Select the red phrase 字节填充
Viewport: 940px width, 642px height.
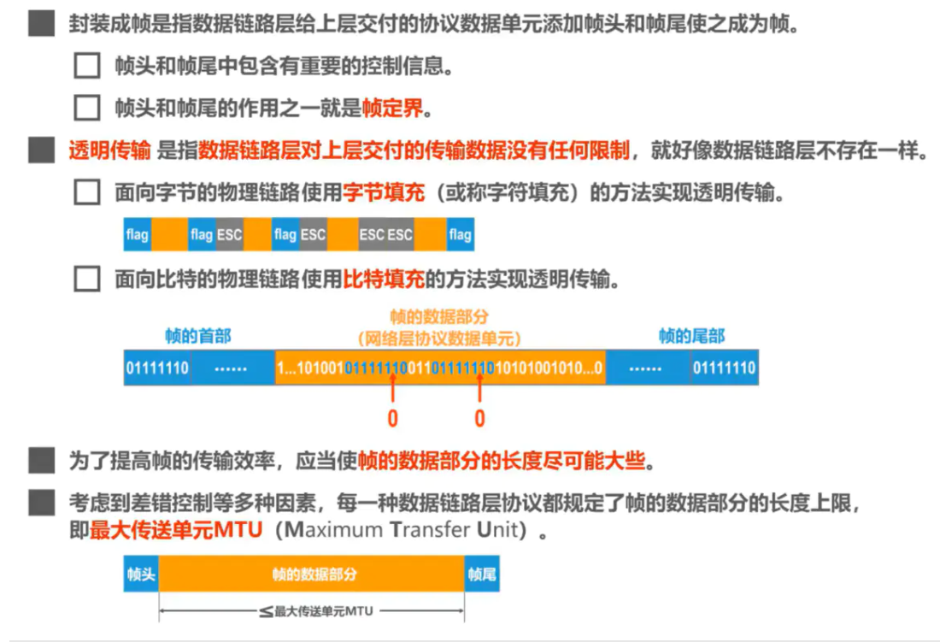[x=384, y=193]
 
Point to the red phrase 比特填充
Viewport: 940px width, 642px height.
[x=384, y=279]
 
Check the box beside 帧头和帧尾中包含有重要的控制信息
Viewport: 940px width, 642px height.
[x=87, y=66]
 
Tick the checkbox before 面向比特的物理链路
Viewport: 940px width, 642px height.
[x=87, y=279]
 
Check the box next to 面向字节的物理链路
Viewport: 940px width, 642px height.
[x=87, y=193]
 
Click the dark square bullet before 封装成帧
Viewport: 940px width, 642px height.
[x=41, y=24]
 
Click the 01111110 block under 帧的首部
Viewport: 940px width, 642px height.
[x=157, y=368]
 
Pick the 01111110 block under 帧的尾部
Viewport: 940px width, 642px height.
[x=724, y=368]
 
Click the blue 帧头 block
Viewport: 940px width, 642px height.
[x=141, y=575]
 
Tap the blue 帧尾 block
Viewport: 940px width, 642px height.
[x=482, y=575]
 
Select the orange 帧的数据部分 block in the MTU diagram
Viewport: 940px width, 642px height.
[x=312, y=575]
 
